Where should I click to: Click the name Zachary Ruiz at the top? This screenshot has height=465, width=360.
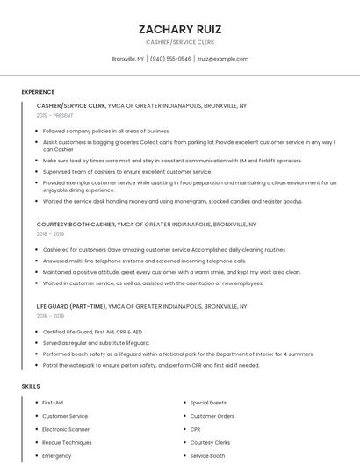(x=179, y=29)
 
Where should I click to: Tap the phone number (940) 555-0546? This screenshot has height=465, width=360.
(x=170, y=59)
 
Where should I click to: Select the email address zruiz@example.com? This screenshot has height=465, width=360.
(x=222, y=59)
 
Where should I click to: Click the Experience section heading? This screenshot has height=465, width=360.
(x=38, y=92)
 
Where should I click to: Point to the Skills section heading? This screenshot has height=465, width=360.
(x=31, y=386)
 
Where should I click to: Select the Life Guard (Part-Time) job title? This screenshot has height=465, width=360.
(x=71, y=307)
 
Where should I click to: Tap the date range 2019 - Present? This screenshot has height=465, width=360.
(x=54, y=115)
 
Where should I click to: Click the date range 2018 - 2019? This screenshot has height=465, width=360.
(x=50, y=234)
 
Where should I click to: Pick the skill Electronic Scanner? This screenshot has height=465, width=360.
(x=66, y=429)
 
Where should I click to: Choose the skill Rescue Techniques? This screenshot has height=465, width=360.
(x=67, y=443)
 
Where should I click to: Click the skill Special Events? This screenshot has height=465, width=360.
(x=208, y=402)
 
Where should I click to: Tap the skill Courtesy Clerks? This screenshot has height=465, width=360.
(x=210, y=443)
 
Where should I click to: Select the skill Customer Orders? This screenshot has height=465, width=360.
(x=212, y=416)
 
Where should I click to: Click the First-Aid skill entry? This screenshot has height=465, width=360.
(x=53, y=402)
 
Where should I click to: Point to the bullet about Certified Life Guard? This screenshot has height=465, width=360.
(x=92, y=331)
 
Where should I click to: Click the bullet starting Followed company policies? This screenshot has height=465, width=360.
(x=106, y=131)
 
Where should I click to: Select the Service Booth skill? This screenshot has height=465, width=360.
(x=207, y=456)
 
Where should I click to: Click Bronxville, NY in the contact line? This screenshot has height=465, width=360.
(x=127, y=59)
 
